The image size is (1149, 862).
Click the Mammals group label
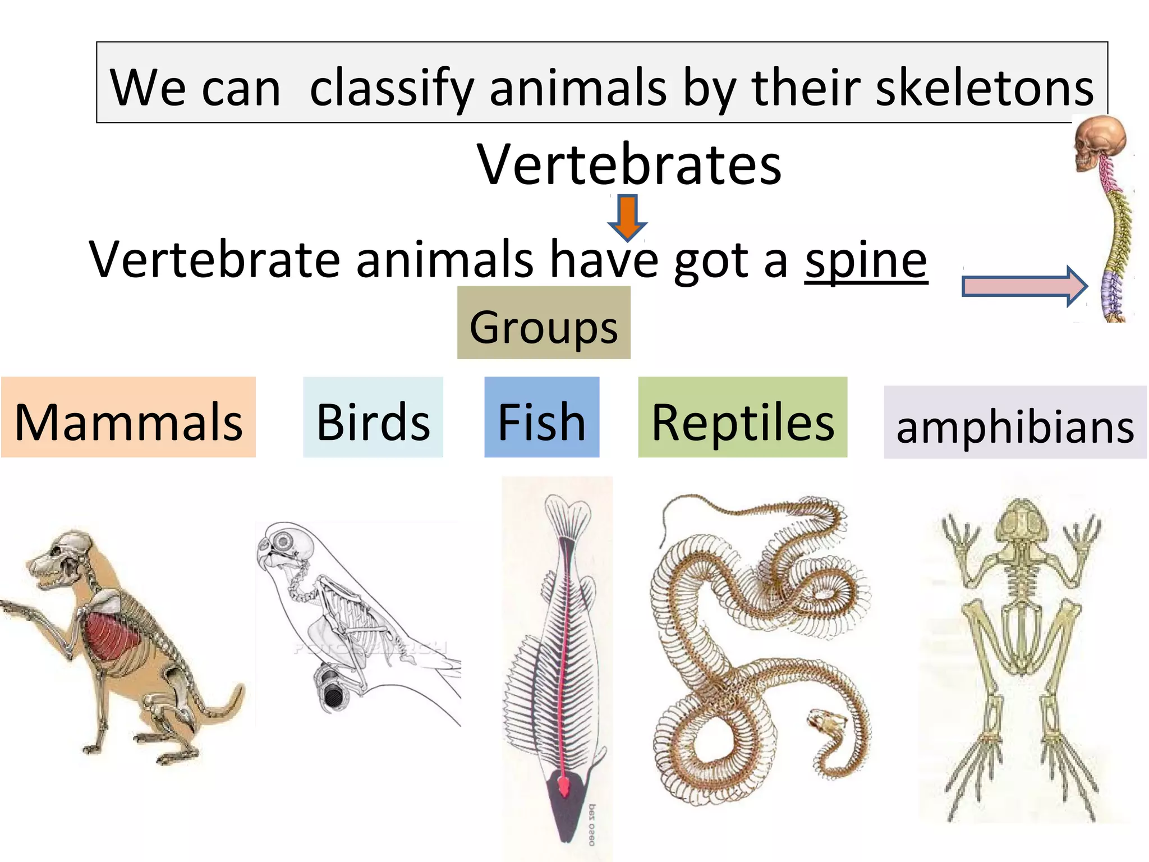tap(128, 418)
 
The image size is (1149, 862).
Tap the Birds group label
tap(373, 418)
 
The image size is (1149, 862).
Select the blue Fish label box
tap(541, 418)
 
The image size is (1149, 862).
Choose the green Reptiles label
tap(742, 418)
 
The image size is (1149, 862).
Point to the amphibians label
tap(1015, 423)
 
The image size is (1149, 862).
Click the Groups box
tap(544, 323)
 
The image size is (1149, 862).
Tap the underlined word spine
tap(866, 259)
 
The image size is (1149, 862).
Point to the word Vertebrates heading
tap(629, 164)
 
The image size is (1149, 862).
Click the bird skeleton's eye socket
tap(283, 542)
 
